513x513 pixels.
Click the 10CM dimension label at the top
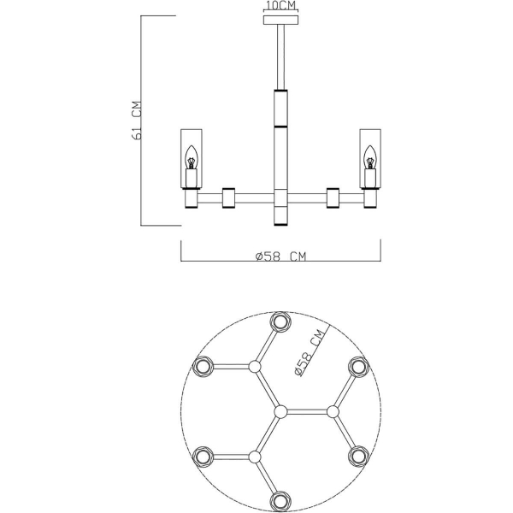pyautogui.click(x=280, y=5)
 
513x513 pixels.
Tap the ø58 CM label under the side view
pyautogui.click(x=280, y=256)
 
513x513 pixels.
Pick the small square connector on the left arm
pyautogui.click(x=228, y=198)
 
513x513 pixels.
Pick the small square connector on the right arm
pyautogui.click(x=333, y=198)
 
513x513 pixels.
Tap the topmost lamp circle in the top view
pyautogui.click(x=279, y=321)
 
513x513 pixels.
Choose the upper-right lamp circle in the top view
pyautogui.click(x=357, y=367)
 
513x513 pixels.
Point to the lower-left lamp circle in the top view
pyautogui.click(x=203, y=455)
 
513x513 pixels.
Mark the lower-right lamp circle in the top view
pyautogui.click(x=357, y=455)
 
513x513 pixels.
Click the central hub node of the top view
pyautogui.click(x=279, y=411)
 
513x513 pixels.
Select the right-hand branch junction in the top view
pyautogui.click(x=331, y=411)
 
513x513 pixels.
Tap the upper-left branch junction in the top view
pyautogui.click(x=254, y=367)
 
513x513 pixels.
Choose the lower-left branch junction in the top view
pyautogui.click(x=254, y=455)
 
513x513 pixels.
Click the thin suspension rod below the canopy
pyautogui.click(x=280, y=56)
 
